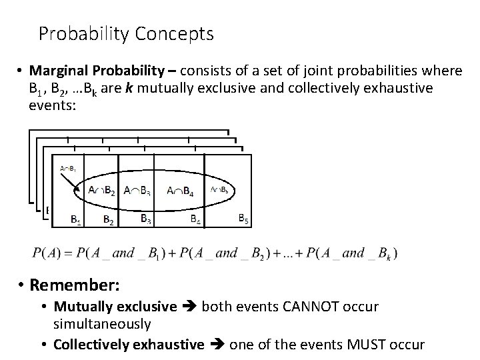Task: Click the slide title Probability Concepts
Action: pos(126,33)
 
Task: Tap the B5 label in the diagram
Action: pos(245,217)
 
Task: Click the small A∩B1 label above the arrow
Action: pos(67,168)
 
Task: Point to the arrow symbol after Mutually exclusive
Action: pos(189,308)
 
